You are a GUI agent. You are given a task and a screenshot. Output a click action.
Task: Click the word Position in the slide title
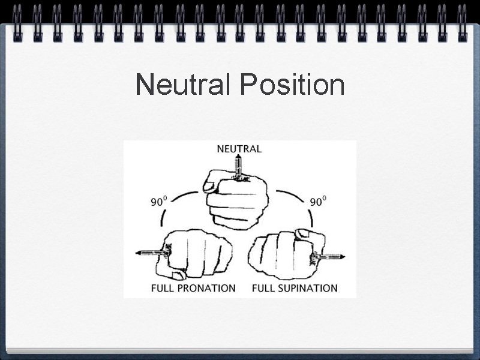click(292, 85)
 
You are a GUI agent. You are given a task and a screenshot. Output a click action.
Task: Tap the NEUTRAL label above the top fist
click(239, 148)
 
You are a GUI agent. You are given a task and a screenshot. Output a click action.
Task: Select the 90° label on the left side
click(158, 202)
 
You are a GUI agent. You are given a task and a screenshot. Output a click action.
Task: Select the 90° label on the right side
click(316, 202)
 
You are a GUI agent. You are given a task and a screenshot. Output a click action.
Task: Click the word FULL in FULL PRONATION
click(163, 288)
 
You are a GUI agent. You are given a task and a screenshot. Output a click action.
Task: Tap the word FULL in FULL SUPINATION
click(263, 288)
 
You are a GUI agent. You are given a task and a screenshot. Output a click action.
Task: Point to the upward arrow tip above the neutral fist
click(239, 157)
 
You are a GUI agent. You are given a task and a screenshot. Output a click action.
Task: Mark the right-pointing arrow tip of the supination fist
click(344, 257)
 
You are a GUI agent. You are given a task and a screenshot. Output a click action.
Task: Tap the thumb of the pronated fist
click(178, 275)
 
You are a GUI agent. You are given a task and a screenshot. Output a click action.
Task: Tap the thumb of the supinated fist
click(304, 233)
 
